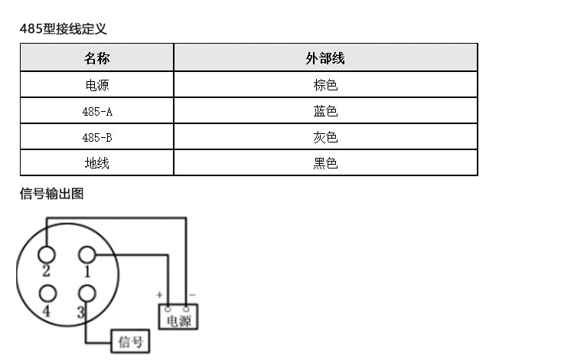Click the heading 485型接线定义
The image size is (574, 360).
point(63,29)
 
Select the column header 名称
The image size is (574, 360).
point(97,58)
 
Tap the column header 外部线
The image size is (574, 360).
point(325,58)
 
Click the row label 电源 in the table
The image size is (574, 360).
point(97,85)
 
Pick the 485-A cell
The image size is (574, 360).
point(97,111)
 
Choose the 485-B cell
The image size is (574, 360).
point(97,138)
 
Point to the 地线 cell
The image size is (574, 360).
point(97,163)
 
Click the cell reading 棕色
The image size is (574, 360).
point(325,85)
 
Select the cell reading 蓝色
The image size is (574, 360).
point(325,111)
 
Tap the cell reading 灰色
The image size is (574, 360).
point(325,138)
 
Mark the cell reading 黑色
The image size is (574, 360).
point(325,163)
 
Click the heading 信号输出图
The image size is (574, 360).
point(51,194)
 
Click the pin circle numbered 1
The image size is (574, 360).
point(87,255)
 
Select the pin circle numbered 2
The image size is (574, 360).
point(47,254)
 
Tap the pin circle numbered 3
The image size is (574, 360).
point(87,293)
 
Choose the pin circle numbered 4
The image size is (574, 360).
point(47,293)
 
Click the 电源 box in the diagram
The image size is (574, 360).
point(178,319)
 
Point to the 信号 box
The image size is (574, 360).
point(131,342)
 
